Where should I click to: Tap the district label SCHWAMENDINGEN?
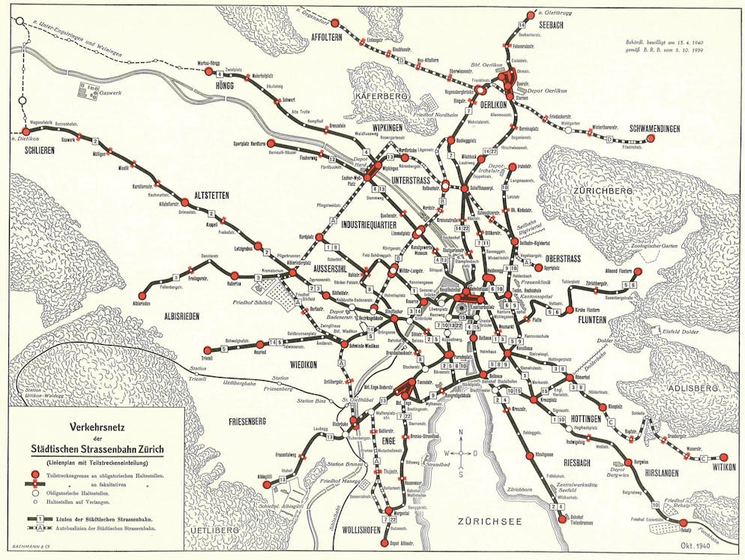(x=644, y=129)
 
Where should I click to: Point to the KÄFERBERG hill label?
(x=378, y=97)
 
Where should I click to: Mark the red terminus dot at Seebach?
(x=531, y=15)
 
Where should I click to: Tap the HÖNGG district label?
(x=223, y=85)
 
